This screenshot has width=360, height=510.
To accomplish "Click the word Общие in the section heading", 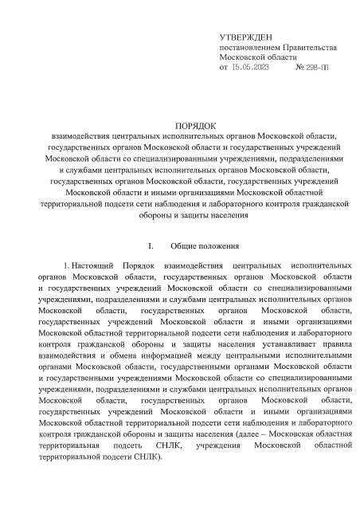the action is pyautogui.click(x=188, y=247).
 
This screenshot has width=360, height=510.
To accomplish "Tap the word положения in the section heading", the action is pyautogui.click(x=229, y=247).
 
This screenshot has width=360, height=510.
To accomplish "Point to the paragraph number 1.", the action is pyautogui.click(x=65, y=264).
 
